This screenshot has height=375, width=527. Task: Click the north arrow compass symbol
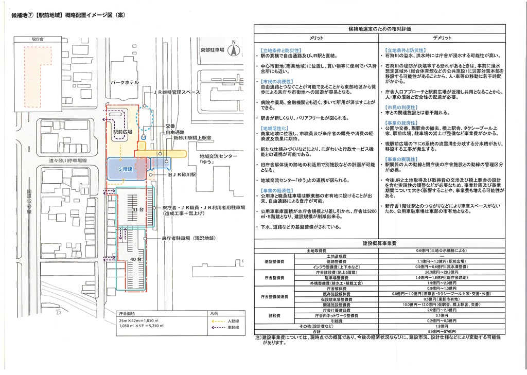click(x=233, y=50)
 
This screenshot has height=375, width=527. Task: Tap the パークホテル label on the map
click(x=124, y=82)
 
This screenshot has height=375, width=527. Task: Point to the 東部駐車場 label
click(x=213, y=49)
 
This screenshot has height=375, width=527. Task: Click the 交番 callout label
click(x=170, y=126)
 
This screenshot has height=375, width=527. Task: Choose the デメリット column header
click(x=442, y=38)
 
